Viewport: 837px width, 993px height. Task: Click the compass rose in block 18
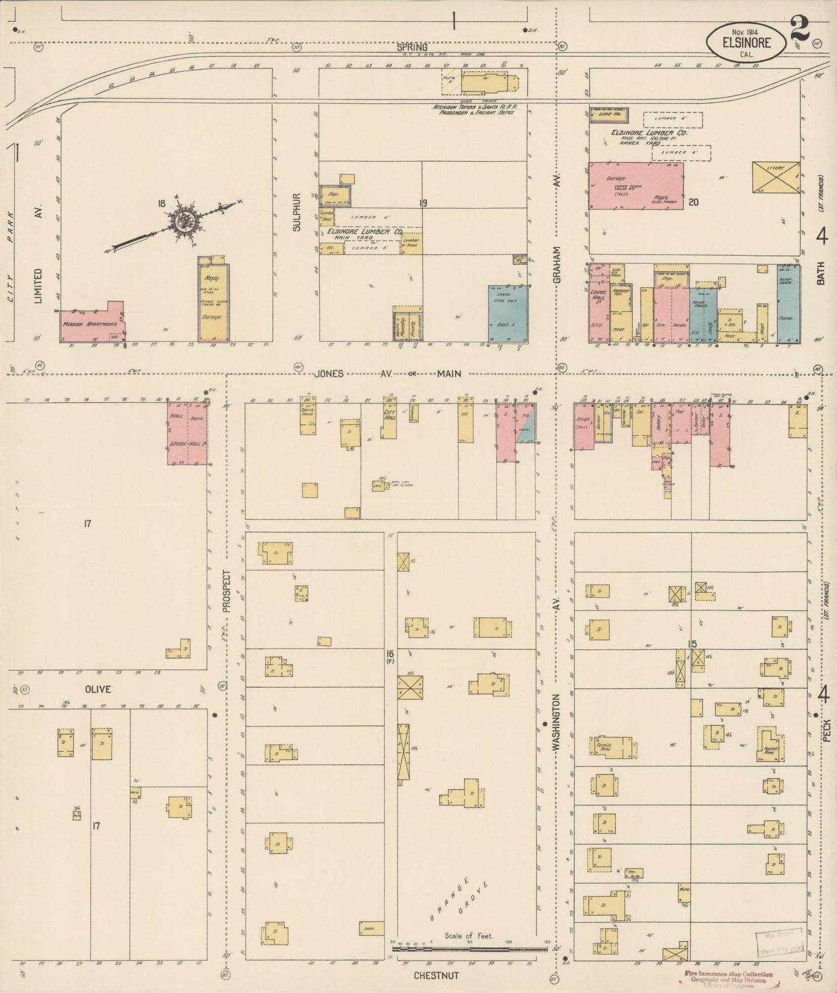184,221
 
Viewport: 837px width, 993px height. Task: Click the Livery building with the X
776,177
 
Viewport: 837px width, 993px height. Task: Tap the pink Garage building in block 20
635,186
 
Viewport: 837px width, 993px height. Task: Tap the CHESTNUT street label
436,976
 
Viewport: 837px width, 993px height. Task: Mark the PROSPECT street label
226,591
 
